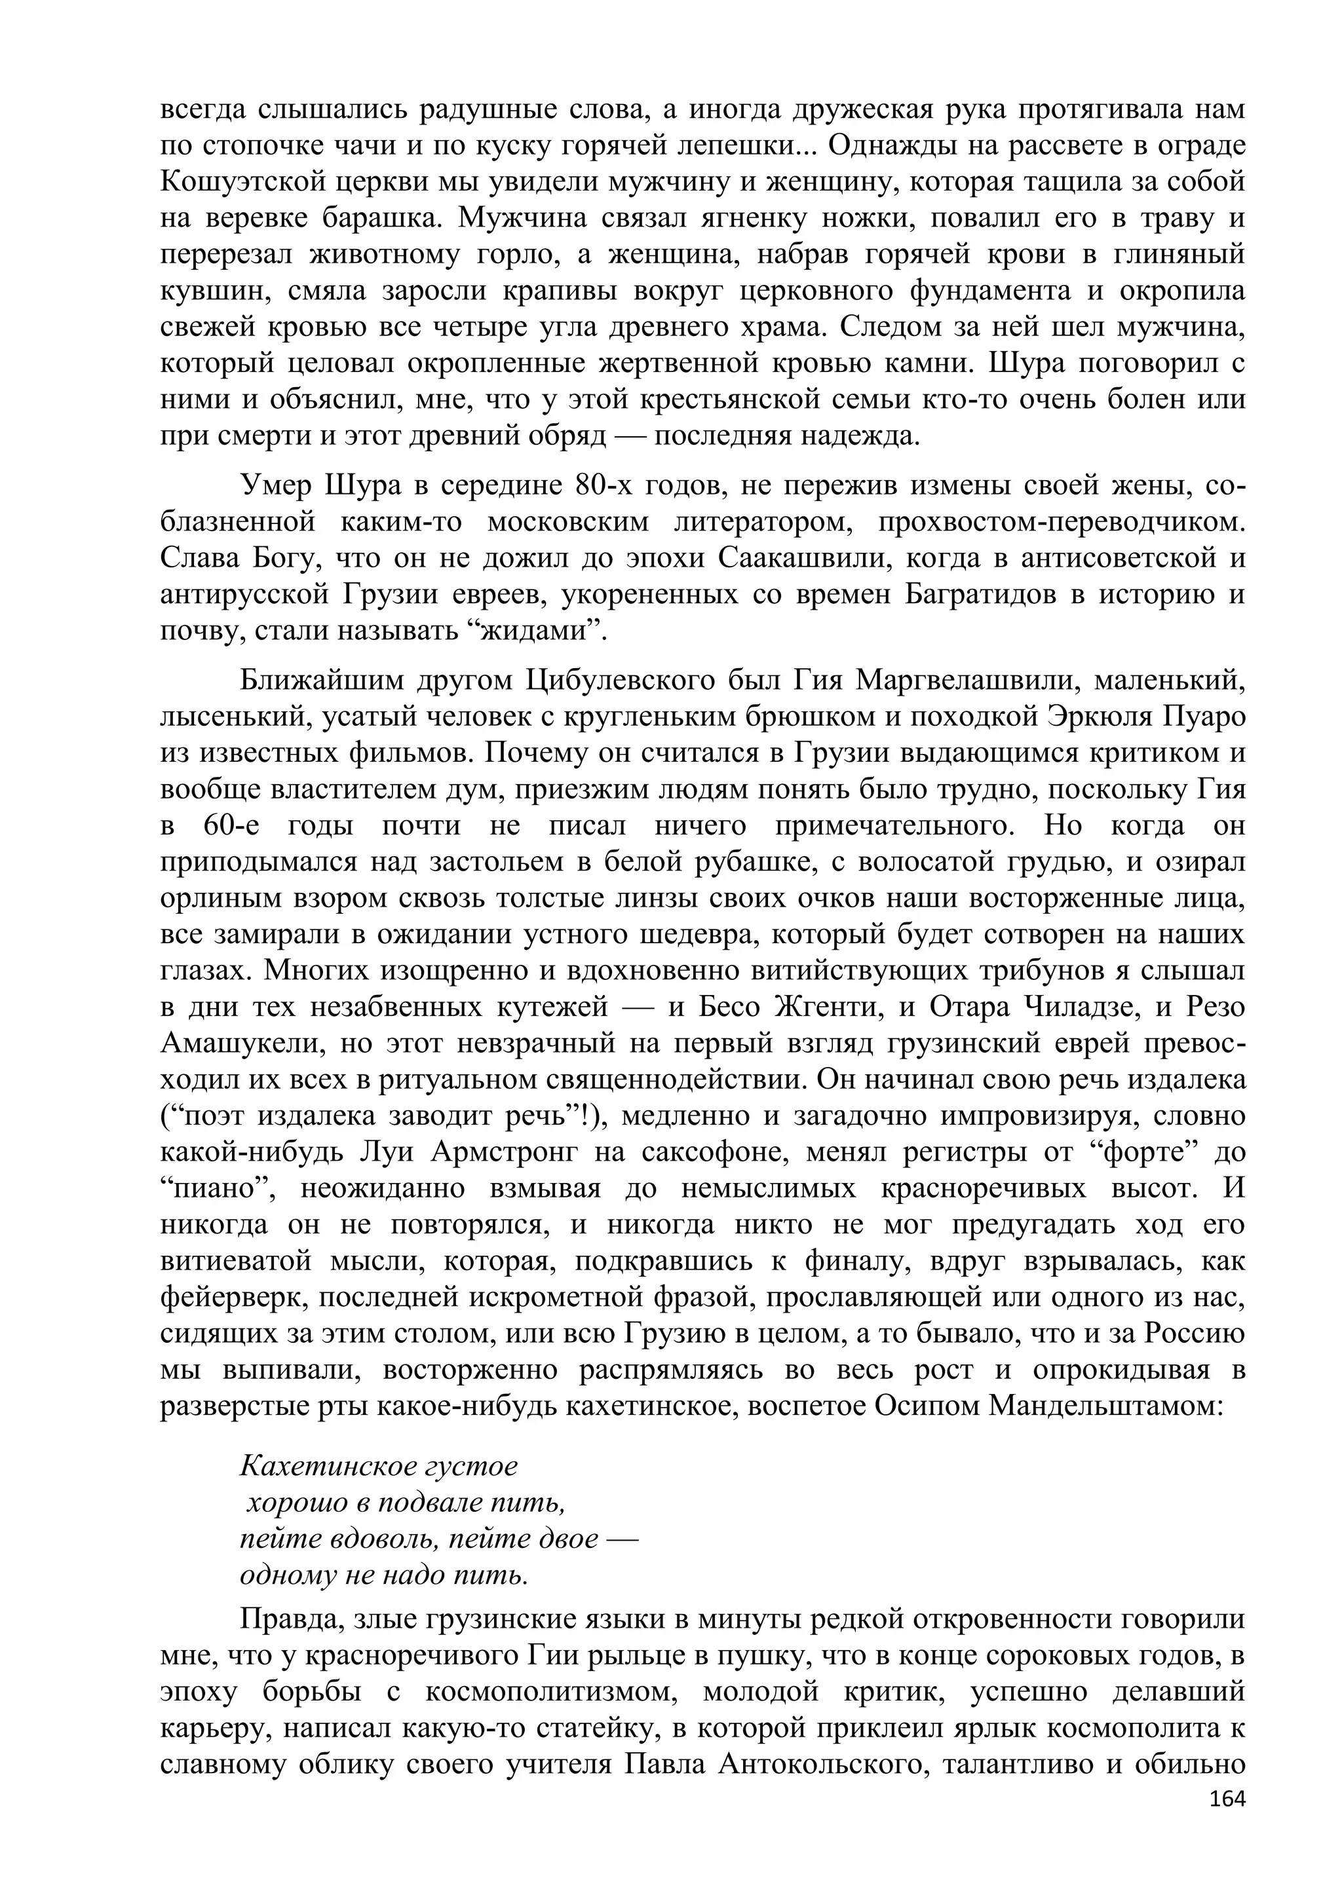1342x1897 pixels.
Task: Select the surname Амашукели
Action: [240, 1043]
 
